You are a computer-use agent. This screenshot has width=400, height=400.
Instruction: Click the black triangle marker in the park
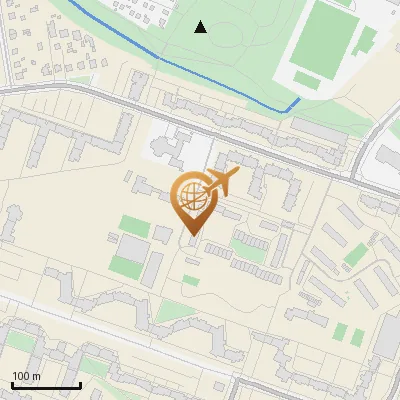(201, 27)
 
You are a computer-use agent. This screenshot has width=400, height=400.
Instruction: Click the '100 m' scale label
(27, 376)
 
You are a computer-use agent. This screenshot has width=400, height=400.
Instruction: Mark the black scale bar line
(45, 385)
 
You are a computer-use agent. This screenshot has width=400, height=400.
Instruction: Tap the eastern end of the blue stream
(299, 99)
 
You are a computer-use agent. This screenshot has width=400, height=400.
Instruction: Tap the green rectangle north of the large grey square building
(133, 225)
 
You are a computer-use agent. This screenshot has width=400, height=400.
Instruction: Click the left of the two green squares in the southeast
(340, 332)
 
